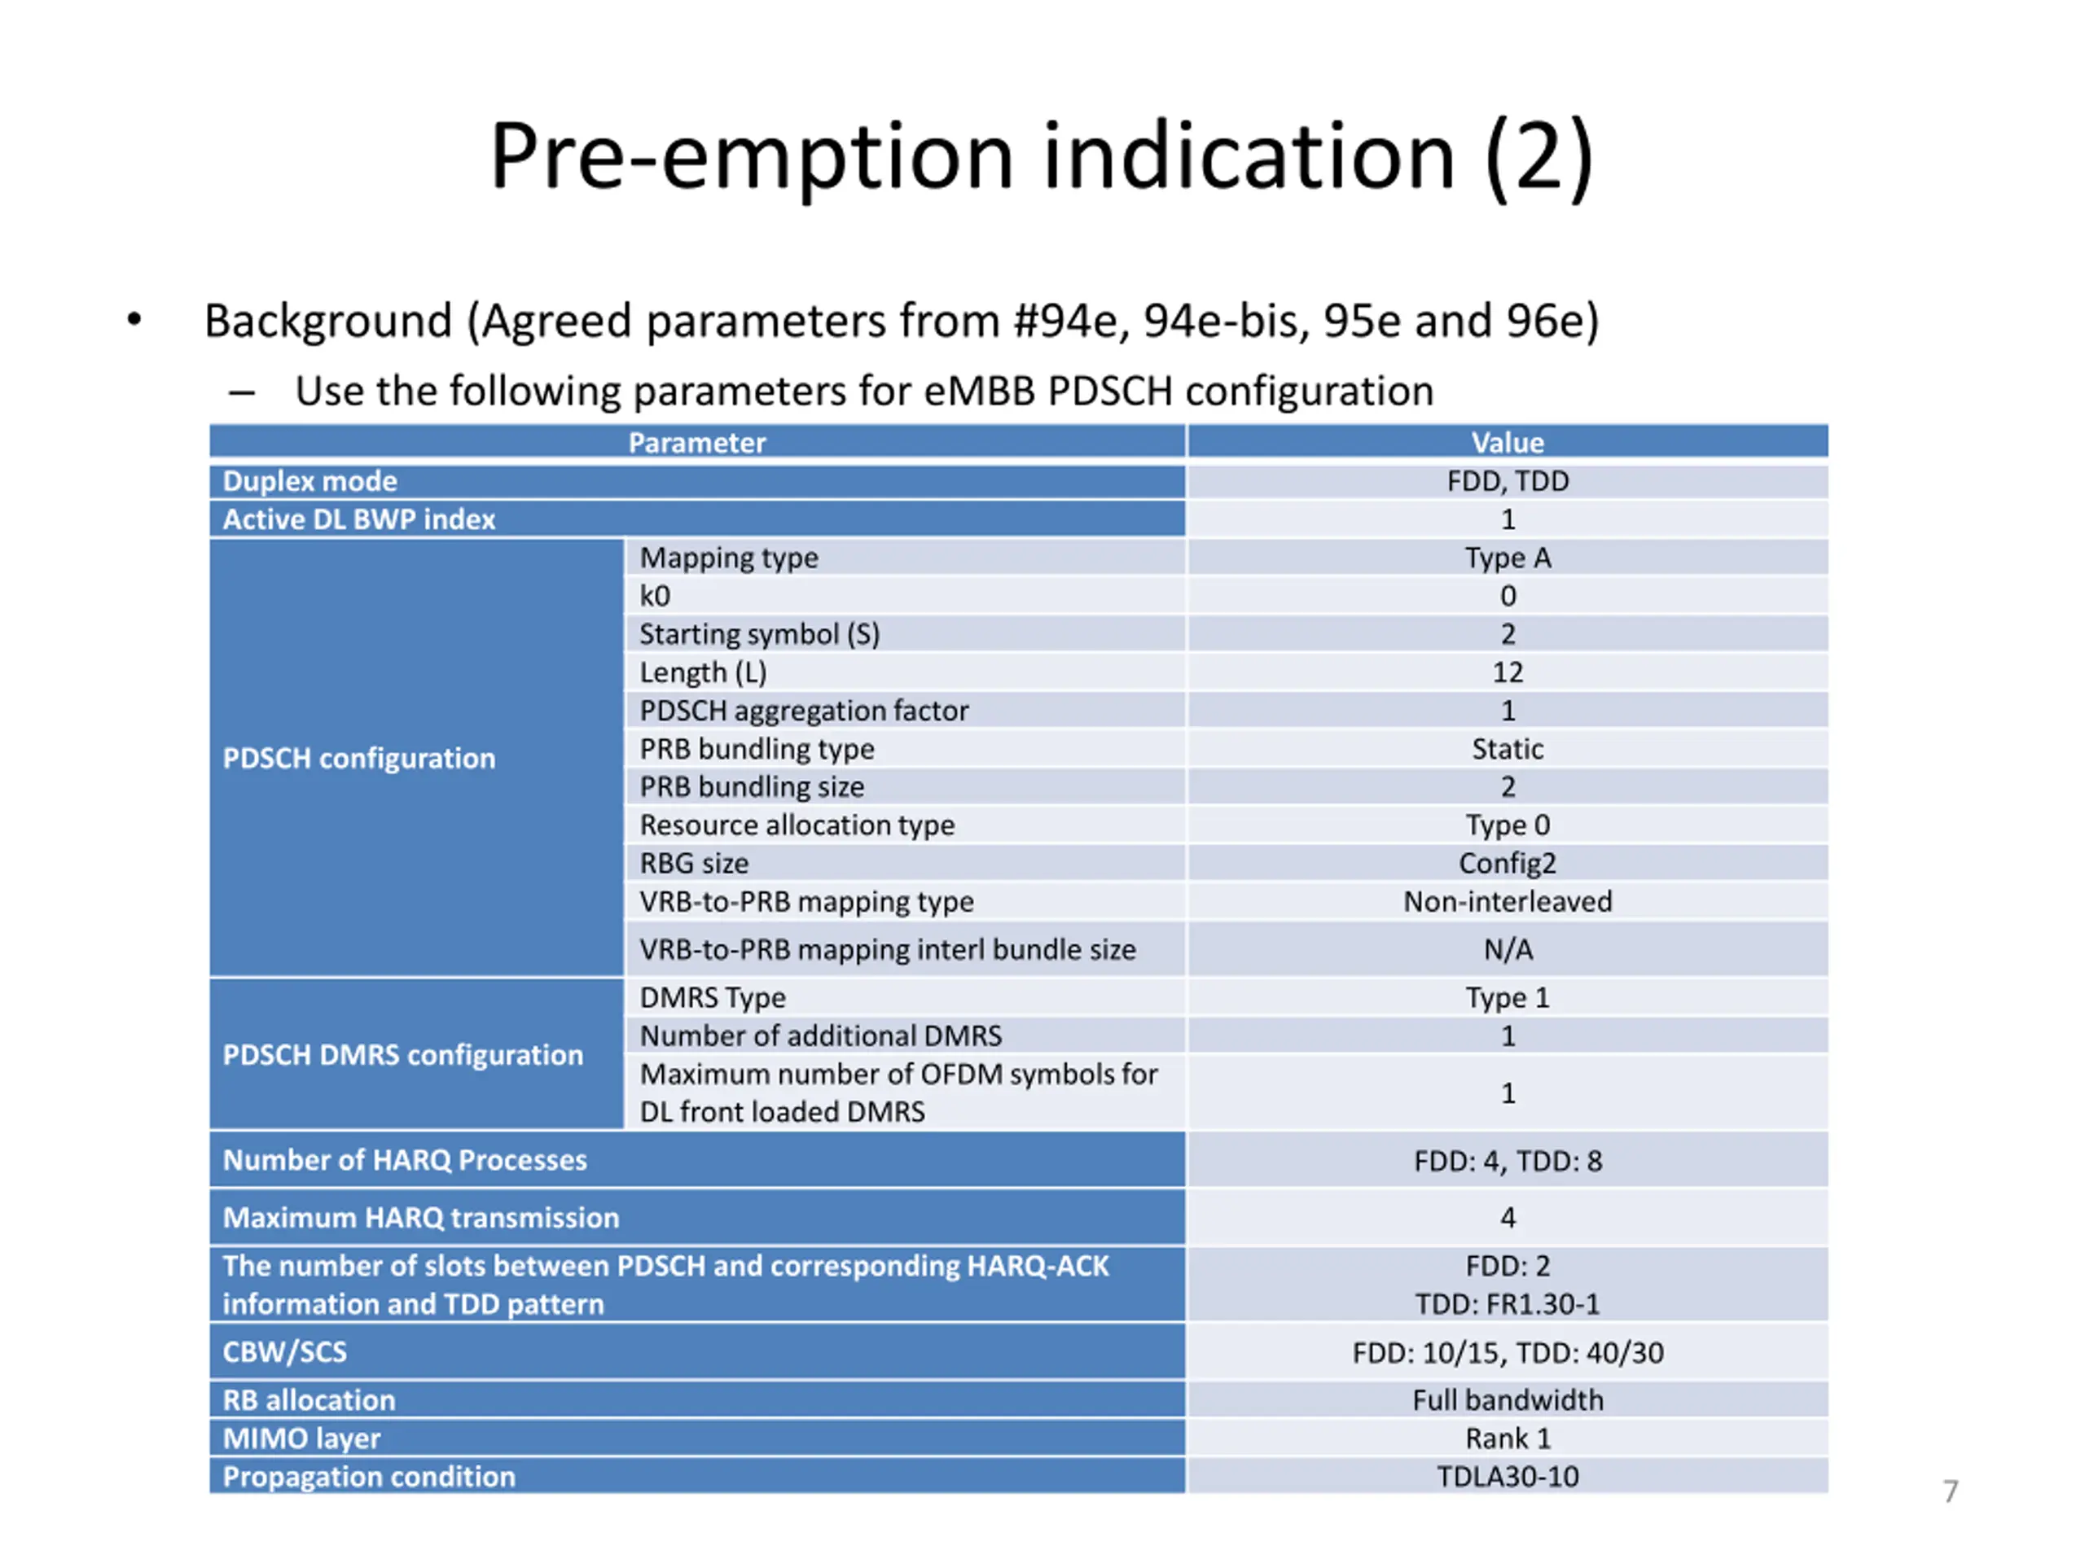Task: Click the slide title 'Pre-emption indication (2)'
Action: [1041, 156]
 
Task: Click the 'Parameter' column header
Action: [696, 443]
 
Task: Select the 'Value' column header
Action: [1508, 443]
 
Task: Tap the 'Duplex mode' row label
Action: [310, 481]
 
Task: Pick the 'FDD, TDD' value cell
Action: [1508, 481]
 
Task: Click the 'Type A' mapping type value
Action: [1508, 558]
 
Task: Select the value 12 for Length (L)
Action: [1508, 672]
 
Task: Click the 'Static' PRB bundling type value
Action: [1508, 749]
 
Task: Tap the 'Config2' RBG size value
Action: [1508, 863]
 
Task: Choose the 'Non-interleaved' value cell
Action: [1508, 902]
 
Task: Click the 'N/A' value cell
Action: [1508, 950]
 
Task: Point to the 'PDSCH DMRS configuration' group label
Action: [402, 1055]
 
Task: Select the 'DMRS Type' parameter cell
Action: [713, 998]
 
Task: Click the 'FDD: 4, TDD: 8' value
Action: [1508, 1161]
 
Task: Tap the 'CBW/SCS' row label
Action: [285, 1352]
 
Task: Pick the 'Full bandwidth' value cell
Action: [1508, 1400]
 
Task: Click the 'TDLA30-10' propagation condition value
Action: [1508, 1477]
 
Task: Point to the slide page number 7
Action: [1951, 1491]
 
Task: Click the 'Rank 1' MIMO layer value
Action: [1508, 1438]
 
